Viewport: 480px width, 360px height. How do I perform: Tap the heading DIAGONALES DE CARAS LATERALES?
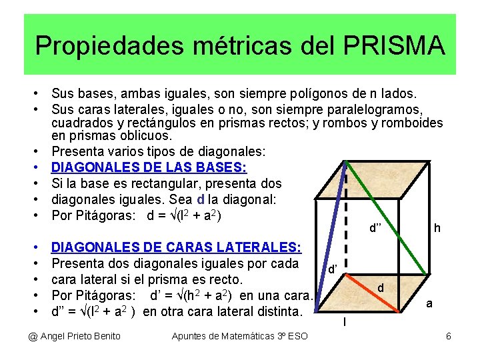(176, 247)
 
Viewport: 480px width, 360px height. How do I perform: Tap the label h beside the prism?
(437, 228)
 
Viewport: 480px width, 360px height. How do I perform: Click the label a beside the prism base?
(429, 303)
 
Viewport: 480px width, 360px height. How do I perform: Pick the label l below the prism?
(344, 323)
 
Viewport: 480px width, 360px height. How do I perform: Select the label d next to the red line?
(380, 288)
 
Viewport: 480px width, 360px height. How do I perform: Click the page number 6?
(449, 336)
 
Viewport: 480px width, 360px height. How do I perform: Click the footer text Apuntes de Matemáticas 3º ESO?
(239, 336)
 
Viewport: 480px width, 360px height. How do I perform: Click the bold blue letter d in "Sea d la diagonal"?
(201, 199)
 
